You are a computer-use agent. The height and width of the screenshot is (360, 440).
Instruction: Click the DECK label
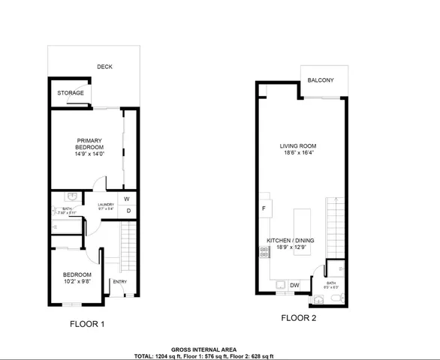pyautogui.click(x=104, y=67)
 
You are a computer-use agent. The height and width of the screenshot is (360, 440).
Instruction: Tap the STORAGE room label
pyautogui.click(x=71, y=93)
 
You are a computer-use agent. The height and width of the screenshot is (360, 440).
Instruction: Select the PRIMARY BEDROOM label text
pyautogui.click(x=89, y=144)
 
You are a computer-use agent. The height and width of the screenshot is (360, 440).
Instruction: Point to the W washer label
pyautogui.click(x=126, y=199)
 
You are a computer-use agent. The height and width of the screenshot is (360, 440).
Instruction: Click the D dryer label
pyautogui.click(x=128, y=211)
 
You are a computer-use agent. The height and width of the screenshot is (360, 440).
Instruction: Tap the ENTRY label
pyautogui.click(x=119, y=282)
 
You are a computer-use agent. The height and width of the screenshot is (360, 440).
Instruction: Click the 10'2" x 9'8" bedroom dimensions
pyautogui.click(x=77, y=283)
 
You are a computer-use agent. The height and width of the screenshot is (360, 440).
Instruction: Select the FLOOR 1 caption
pyautogui.click(x=87, y=324)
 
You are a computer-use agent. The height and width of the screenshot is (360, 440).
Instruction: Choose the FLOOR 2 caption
pyautogui.click(x=299, y=317)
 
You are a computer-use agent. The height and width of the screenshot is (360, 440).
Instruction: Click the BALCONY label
pyautogui.click(x=321, y=79)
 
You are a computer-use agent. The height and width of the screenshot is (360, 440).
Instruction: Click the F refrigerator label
pyautogui.click(x=264, y=208)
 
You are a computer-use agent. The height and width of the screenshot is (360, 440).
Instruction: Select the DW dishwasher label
pyautogui.click(x=294, y=284)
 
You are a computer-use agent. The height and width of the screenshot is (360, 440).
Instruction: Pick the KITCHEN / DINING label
pyautogui.click(x=291, y=241)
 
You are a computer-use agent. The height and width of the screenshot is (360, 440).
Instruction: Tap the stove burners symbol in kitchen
pyautogui.click(x=264, y=252)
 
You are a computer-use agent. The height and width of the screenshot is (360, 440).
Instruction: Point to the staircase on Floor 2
pyautogui.click(x=336, y=226)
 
